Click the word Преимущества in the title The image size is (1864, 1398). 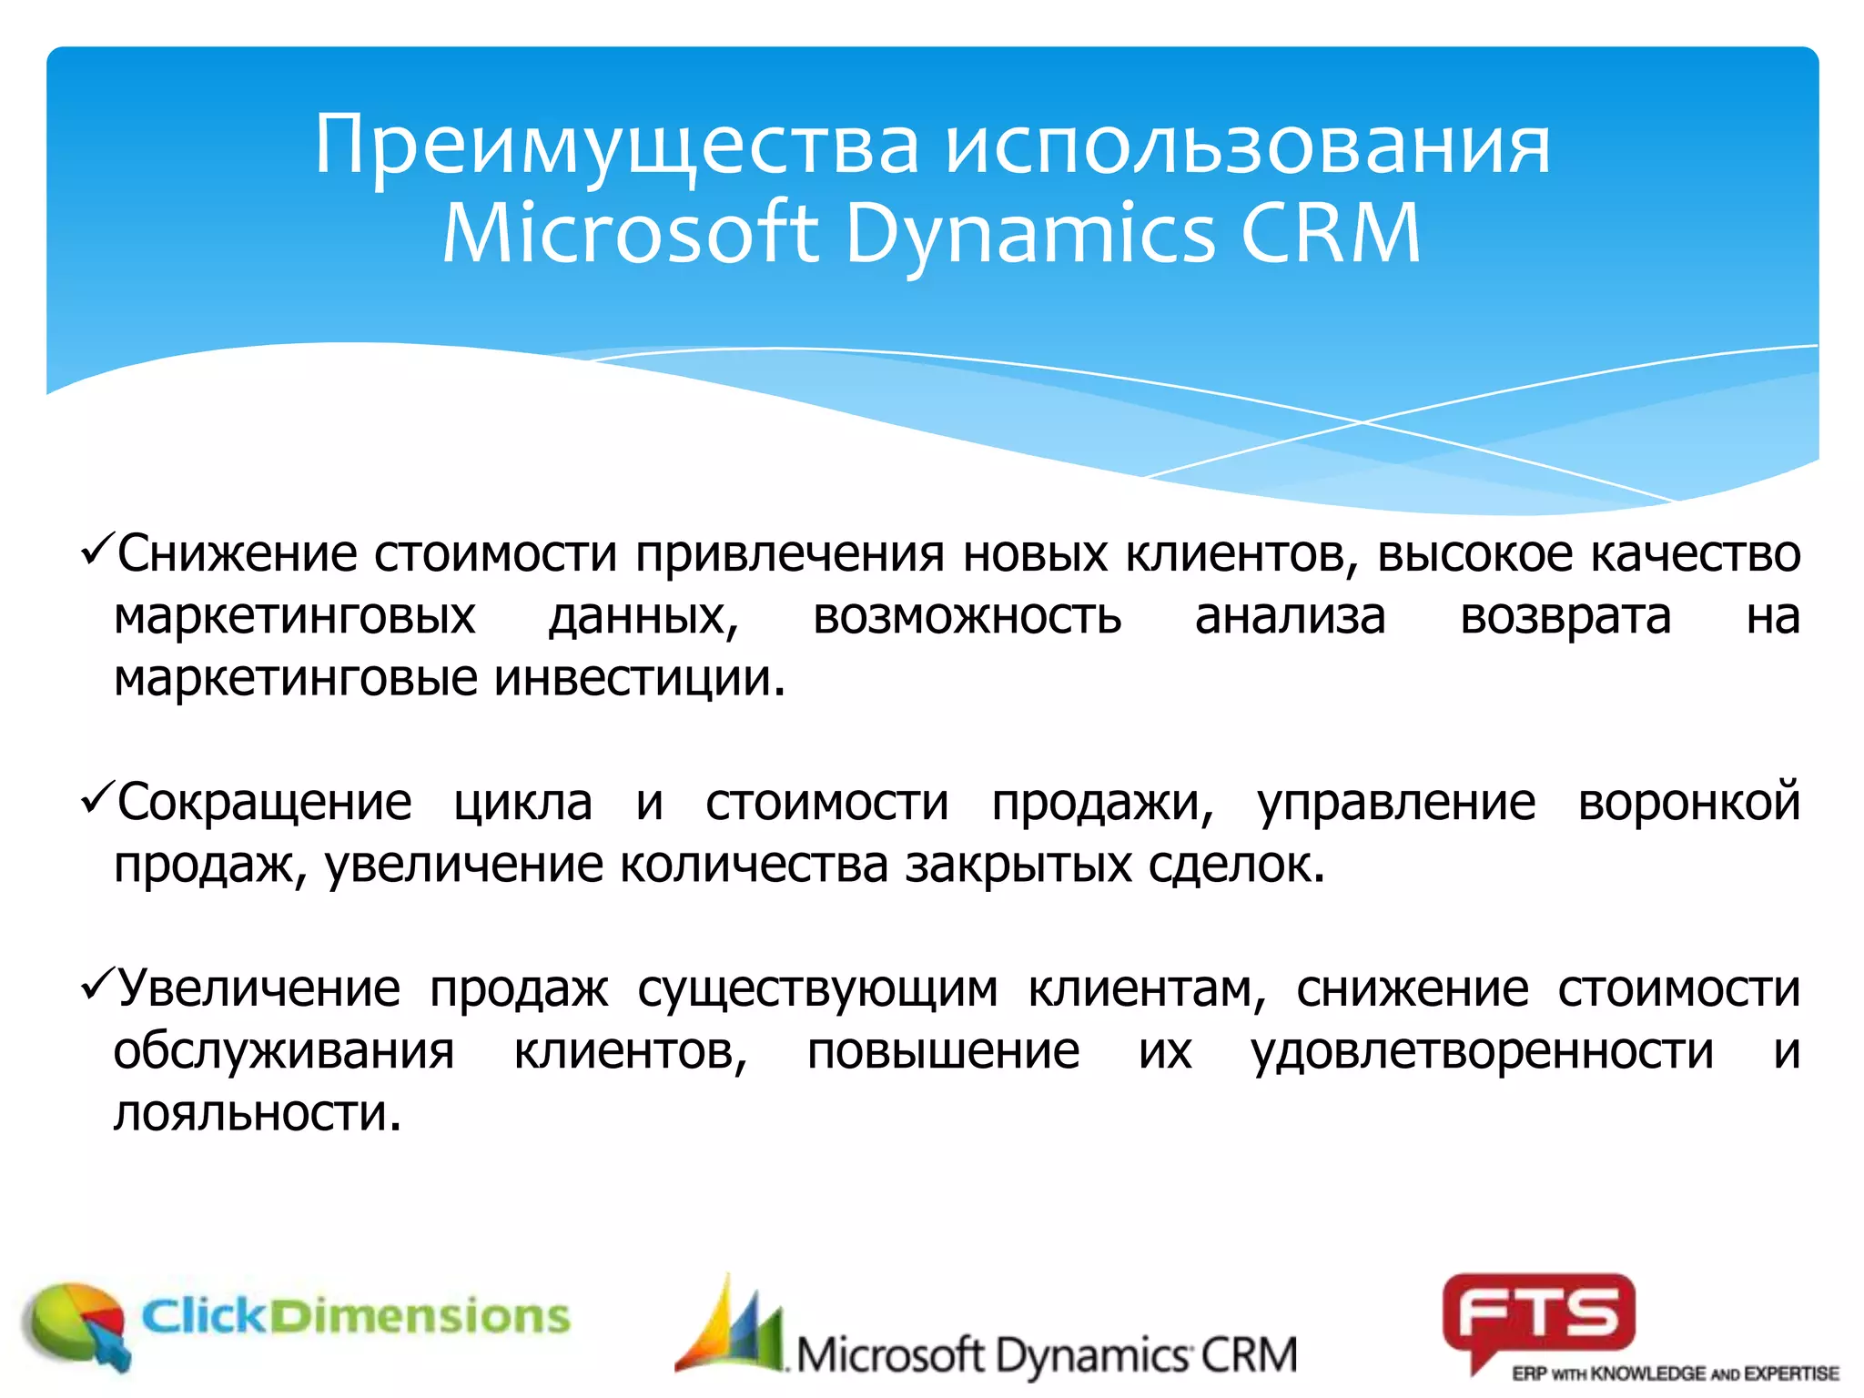(x=617, y=146)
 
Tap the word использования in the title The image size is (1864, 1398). (x=1247, y=146)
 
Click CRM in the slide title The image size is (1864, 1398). (x=1331, y=234)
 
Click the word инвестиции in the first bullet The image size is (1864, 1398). (x=639, y=678)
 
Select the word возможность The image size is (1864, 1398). (x=967, y=617)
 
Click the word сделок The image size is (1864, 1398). (x=1235, y=865)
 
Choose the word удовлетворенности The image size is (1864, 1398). (x=1482, y=1051)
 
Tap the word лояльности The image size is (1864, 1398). (x=257, y=1113)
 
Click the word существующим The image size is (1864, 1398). (x=816, y=989)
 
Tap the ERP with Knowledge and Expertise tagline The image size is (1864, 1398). (x=1675, y=1373)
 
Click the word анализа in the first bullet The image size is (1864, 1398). (x=1290, y=617)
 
